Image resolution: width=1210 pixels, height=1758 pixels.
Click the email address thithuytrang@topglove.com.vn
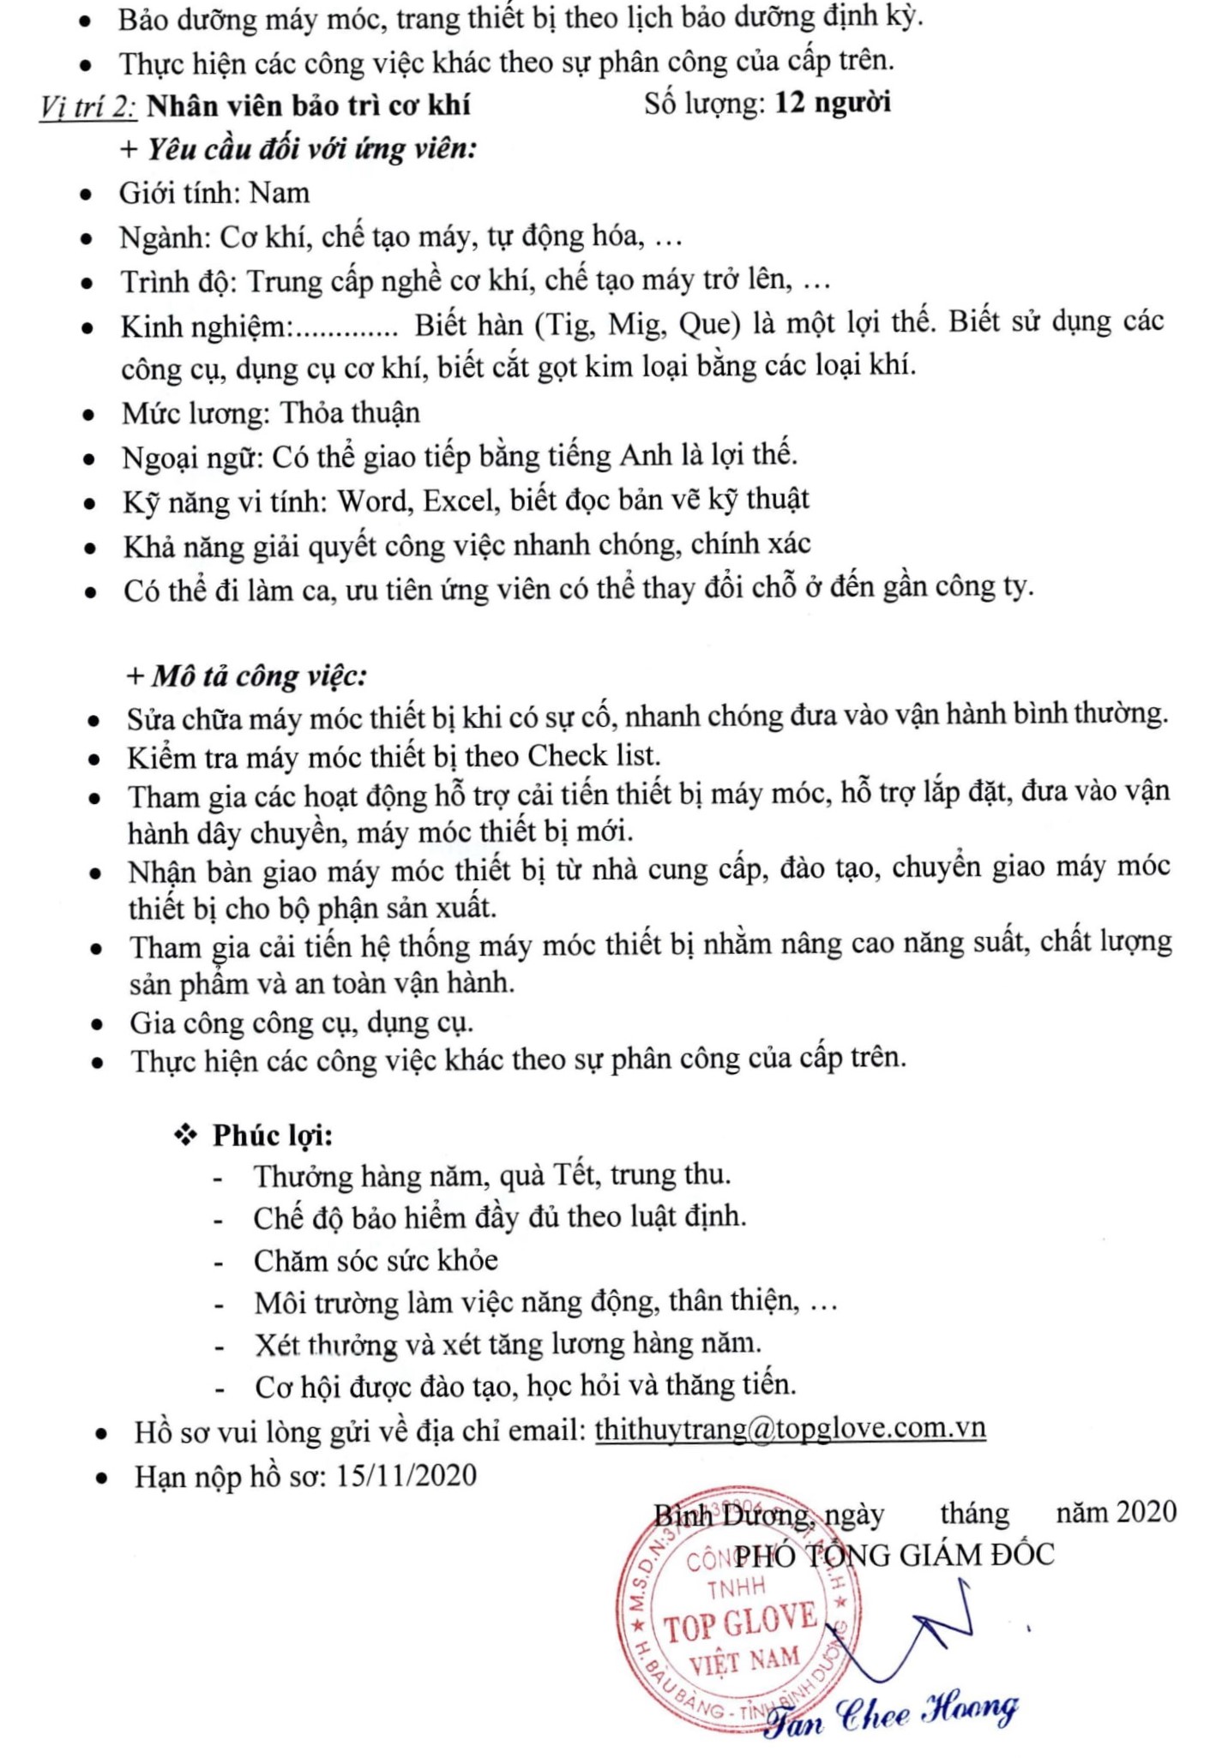click(x=790, y=1429)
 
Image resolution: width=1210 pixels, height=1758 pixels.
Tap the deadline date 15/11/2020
click(x=406, y=1475)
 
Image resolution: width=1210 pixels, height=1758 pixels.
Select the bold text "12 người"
click(x=833, y=103)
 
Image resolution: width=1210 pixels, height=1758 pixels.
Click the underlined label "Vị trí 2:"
click(x=87, y=106)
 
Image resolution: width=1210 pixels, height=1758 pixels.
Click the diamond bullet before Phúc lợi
click(x=185, y=1136)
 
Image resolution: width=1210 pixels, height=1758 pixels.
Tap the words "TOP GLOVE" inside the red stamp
click(x=741, y=1623)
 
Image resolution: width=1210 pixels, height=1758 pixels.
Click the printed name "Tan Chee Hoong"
click(x=892, y=1714)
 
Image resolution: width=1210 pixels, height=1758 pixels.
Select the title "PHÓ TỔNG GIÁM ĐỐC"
click(x=894, y=1555)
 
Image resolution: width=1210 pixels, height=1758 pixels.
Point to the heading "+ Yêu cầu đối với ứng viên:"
click(x=298, y=149)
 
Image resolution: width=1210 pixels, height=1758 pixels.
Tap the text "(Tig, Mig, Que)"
click(x=638, y=325)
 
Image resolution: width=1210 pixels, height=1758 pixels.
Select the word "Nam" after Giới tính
click(x=280, y=193)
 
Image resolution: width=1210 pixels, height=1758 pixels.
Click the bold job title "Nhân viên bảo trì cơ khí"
click(x=309, y=105)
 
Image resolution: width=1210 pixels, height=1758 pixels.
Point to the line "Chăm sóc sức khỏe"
click(x=376, y=1260)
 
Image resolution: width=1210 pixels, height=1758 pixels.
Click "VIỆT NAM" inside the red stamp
click(x=744, y=1662)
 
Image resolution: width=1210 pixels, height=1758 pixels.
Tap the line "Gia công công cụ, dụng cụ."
click(x=302, y=1023)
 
